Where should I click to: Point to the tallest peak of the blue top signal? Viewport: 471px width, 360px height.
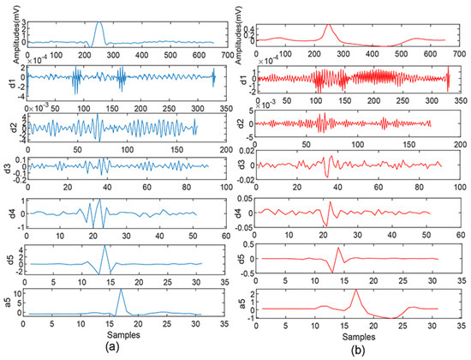click(99, 23)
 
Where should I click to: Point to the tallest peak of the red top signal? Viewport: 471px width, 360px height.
click(328, 23)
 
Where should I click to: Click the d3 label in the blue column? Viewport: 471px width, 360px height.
click(8, 165)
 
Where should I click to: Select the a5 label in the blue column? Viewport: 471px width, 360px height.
click(8, 303)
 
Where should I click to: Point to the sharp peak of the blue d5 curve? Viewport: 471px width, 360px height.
click(104, 247)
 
